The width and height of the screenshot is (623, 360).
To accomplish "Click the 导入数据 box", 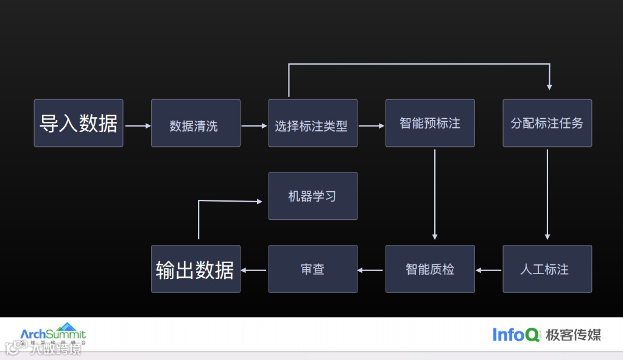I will pos(79,123).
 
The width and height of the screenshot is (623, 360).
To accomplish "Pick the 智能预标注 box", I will pos(430,123).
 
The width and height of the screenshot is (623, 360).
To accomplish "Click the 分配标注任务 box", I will pos(547,123).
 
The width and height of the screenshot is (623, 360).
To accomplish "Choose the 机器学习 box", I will pos(312,196).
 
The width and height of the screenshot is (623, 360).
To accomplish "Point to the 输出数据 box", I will pos(195,269).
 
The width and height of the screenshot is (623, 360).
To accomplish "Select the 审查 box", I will pos(312,269).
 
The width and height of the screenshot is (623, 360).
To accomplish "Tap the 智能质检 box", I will pos(430,269).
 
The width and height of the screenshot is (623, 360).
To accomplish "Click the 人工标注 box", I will pos(547,269).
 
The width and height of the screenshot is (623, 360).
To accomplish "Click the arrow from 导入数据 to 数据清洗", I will pos(138,126).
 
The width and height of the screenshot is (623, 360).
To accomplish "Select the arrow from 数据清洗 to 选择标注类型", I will pos(255,126).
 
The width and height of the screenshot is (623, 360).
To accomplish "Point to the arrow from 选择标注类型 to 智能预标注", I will pos(371,126).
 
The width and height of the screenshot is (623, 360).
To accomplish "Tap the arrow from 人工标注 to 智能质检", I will pos(488,270).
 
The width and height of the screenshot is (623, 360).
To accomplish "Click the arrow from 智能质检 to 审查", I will pos(371,270).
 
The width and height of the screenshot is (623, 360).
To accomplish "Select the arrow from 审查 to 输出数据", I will pos(254,270).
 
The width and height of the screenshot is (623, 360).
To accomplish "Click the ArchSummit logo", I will pos(53,334).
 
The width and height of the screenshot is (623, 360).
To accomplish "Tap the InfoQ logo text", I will pos(516,334).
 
